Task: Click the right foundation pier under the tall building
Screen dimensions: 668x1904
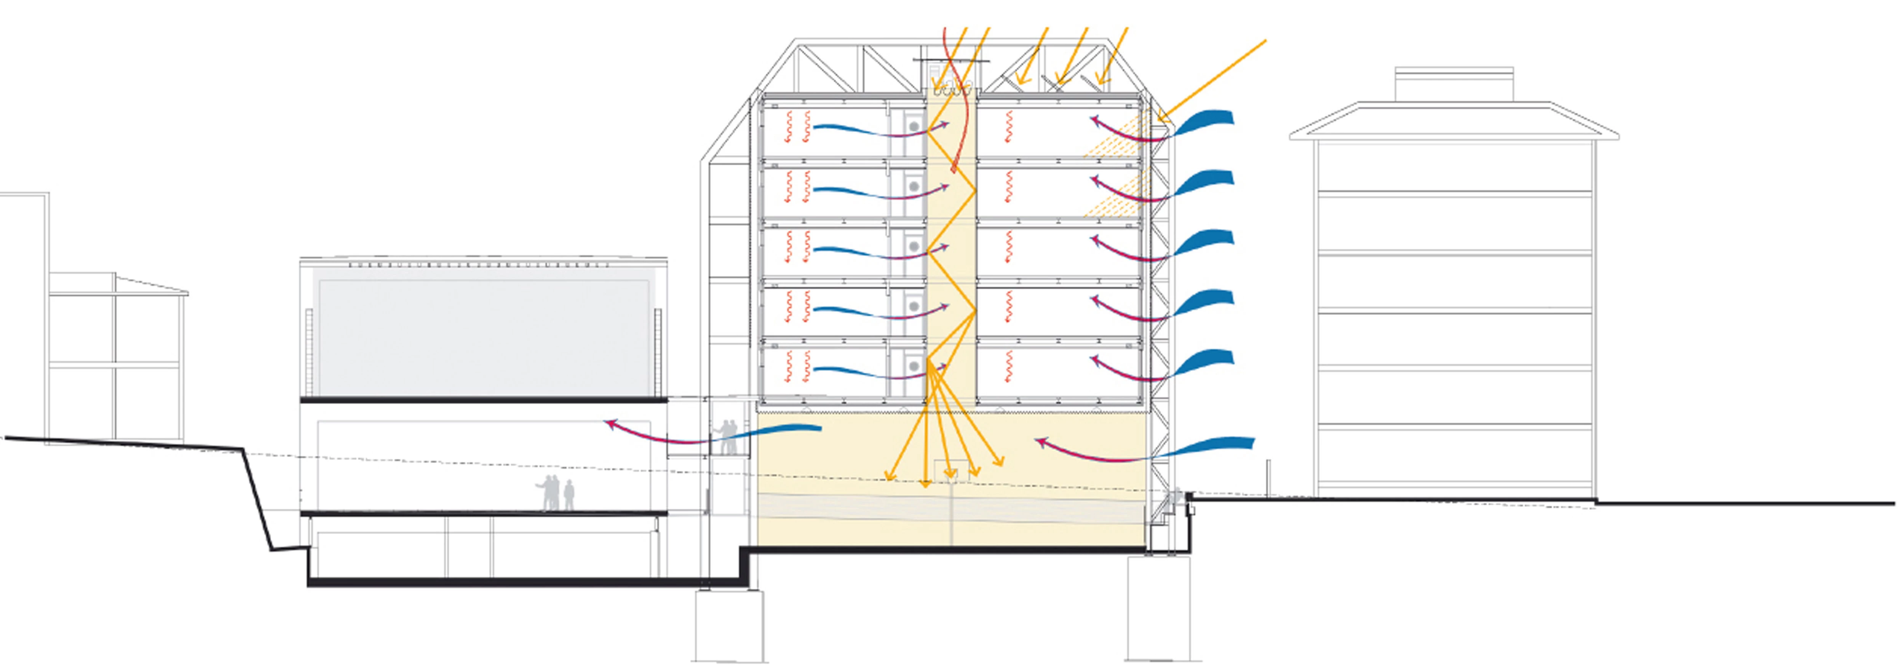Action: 1158,607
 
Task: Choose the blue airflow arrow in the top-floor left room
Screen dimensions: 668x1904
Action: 858,130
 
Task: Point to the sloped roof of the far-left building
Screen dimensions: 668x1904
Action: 152,284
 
